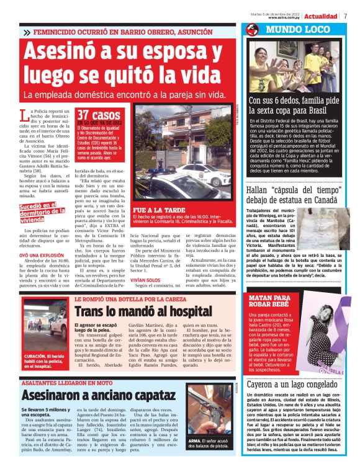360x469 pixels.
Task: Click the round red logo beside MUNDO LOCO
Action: [x=252, y=30]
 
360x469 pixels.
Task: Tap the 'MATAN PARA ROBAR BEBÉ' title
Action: [x=269, y=301]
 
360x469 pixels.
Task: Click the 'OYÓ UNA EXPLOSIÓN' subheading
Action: [x=43, y=255]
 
